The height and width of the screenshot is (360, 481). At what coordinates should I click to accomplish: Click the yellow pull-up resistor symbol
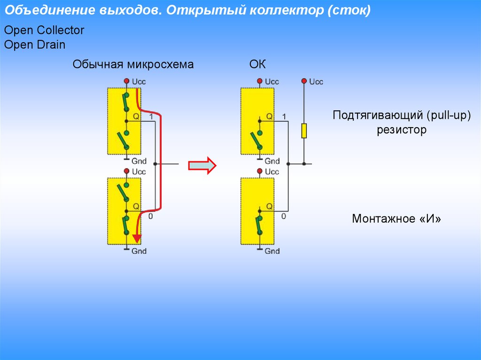(304, 130)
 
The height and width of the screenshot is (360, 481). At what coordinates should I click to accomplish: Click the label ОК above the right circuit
(257, 64)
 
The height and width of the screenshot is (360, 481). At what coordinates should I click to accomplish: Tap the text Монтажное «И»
(397, 219)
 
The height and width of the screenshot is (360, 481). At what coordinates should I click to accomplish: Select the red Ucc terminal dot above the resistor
(304, 81)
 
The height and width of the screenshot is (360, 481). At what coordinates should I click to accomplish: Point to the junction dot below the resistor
(304, 164)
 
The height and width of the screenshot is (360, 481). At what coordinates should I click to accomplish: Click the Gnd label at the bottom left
(139, 251)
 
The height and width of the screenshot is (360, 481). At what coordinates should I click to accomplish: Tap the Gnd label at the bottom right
(272, 251)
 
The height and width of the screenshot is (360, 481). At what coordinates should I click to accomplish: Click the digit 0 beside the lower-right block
(284, 216)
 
